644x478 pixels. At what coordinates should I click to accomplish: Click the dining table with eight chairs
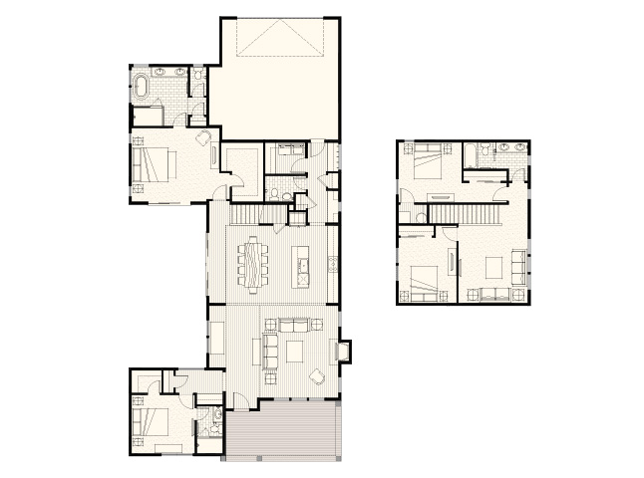pos(253,263)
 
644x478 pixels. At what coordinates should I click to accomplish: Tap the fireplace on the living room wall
pos(344,352)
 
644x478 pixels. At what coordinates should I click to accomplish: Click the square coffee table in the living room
pos(295,351)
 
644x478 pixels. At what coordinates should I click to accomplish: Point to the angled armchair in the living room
pos(316,376)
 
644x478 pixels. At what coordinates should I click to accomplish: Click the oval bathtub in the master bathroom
pos(142,87)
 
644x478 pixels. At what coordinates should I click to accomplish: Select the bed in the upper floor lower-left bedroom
pos(424,282)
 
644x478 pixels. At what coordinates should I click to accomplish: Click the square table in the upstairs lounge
pos(491,266)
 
